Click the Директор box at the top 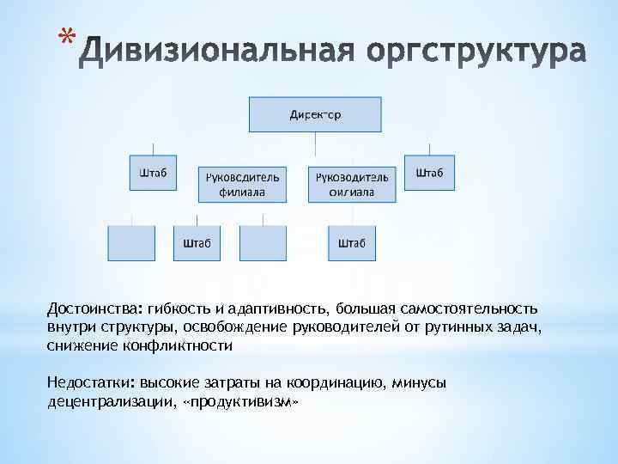[315, 113]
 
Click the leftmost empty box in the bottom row [130, 243]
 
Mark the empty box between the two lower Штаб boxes [263, 243]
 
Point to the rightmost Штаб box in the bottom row [351, 243]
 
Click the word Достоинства [94, 308]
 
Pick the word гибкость [179, 308]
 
